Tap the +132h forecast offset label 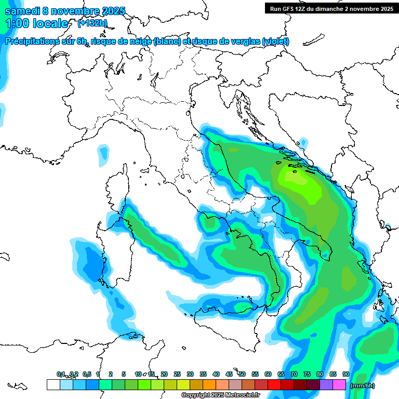click(92, 23)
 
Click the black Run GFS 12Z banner click(331, 8)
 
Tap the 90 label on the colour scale click(345, 374)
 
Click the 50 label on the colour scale click(242, 374)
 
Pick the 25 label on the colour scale click(177, 374)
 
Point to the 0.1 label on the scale click(61, 374)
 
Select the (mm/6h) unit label click(363, 385)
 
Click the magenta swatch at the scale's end click(339, 385)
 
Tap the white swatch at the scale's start click(53, 385)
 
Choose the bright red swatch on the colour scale click(274, 385)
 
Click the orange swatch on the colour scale click(209, 385)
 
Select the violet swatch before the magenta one click(326, 385)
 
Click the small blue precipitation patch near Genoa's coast click(104, 152)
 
